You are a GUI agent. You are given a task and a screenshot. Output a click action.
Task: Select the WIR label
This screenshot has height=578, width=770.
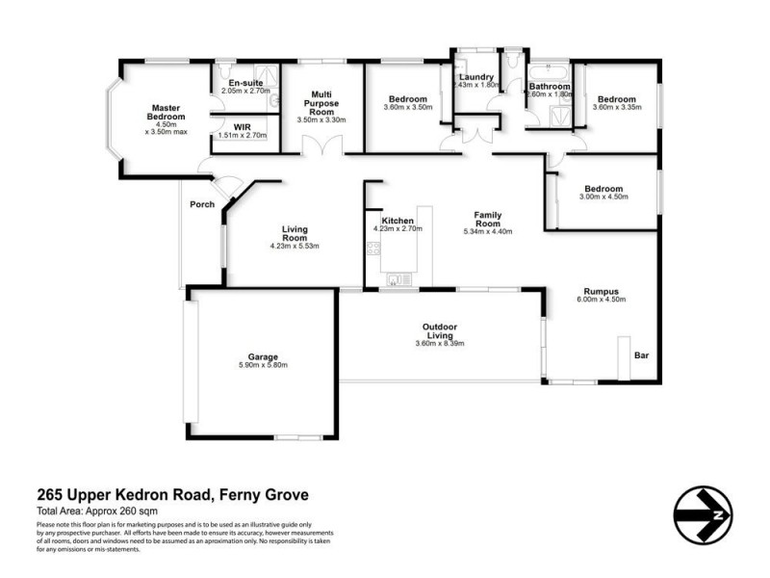tap(242, 126)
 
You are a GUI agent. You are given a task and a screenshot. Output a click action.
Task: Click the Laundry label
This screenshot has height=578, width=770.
tap(476, 77)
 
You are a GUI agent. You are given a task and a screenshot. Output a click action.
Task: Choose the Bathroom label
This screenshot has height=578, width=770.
tap(550, 87)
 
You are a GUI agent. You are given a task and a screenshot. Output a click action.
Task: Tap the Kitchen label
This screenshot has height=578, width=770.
tap(398, 222)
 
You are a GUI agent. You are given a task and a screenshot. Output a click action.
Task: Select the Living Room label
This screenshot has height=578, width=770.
tap(295, 233)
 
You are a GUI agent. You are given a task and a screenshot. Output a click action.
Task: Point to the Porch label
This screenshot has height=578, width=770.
tap(202, 204)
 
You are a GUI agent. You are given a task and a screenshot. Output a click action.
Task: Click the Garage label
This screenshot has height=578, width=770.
tap(263, 355)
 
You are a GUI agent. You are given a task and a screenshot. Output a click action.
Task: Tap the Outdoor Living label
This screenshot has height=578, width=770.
tap(440, 332)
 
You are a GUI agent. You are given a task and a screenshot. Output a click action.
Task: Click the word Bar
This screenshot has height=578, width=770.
tap(641, 356)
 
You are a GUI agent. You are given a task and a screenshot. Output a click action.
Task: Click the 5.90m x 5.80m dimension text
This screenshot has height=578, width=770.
tap(263, 365)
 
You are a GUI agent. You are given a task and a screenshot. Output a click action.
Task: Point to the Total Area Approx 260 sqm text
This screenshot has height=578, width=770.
tap(96, 511)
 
